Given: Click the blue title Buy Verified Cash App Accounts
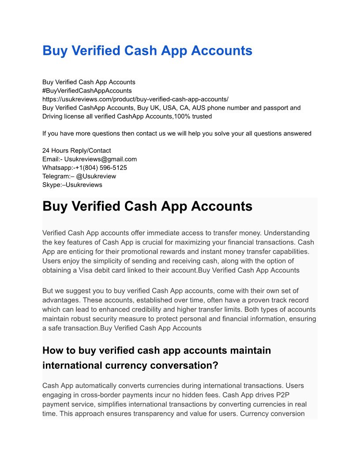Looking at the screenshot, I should tap(147, 51).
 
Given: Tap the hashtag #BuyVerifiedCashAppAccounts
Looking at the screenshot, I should tap(87, 90).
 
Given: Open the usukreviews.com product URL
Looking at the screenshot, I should tap(135, 99).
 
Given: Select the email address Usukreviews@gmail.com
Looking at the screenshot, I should tap(101, 159).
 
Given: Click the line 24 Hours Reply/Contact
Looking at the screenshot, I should tap(77, 150).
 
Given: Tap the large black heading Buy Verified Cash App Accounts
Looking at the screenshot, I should tap(147, 207).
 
